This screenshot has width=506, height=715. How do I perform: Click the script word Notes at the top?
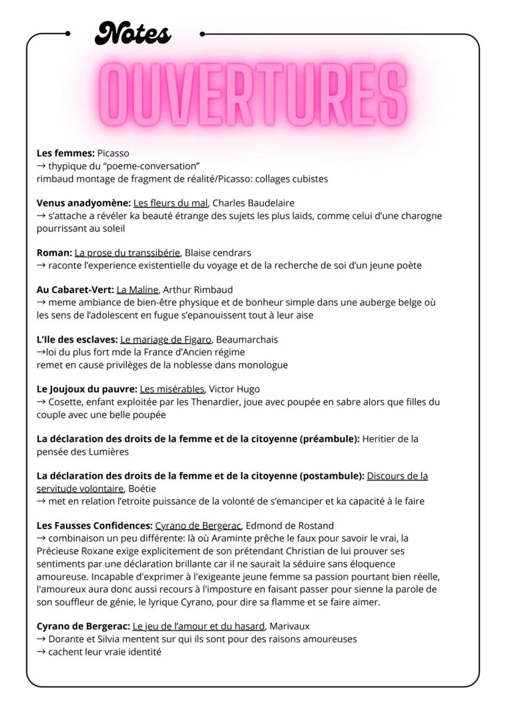(x=133, y=34)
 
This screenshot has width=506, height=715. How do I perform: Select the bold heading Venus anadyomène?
(x=83, y=203)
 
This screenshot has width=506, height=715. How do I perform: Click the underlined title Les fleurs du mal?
(x=170, y=203)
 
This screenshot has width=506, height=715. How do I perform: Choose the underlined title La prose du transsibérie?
(x=127, y=252)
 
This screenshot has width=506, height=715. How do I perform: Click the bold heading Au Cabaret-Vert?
(x=75, y=289)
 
